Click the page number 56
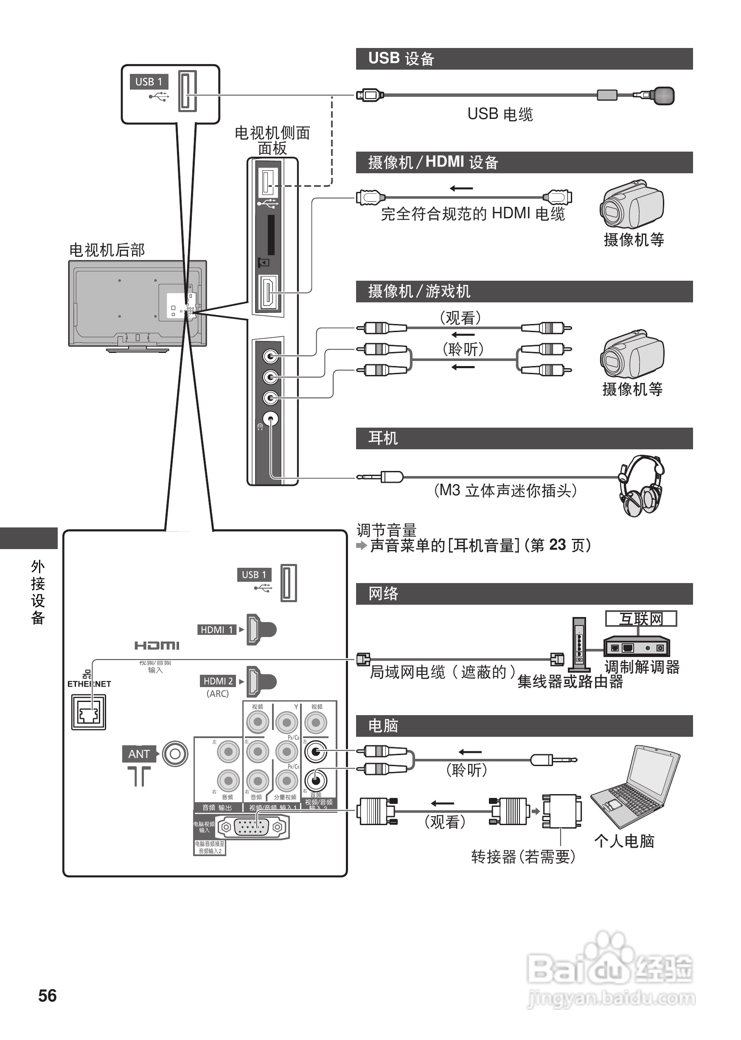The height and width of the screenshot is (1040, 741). (48, 995)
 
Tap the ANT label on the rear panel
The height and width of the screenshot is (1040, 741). (139, 754)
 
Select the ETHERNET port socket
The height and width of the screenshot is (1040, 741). (89, 712)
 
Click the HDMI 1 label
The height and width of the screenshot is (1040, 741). (217, 630)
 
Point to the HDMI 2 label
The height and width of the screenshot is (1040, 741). (218, 681)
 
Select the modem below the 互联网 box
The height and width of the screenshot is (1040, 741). (637, 646)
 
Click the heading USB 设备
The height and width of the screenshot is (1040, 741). (401, 59)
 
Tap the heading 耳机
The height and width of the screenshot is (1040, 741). (383, 438)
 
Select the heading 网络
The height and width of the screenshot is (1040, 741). (383, 594)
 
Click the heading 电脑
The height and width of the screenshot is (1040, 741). (383, 725)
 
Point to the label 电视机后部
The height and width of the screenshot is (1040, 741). (107, 250)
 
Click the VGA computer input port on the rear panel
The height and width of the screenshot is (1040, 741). (251, 827)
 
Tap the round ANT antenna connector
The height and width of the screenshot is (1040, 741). (175, 754)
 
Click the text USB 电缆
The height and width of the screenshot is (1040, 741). (500, 114)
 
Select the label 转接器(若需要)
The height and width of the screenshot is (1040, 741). (523, 857)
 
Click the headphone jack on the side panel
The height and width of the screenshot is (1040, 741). (271, 419)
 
